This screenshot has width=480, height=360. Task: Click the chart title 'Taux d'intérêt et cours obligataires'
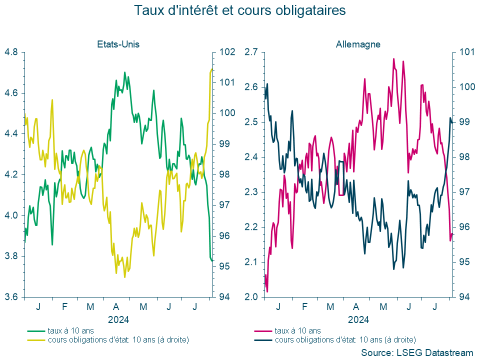tap(240, 10)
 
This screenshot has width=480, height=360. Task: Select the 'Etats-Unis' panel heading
tap(118, 44)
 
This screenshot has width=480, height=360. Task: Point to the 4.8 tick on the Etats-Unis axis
tap(11, 52)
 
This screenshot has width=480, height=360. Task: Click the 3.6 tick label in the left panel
tap(11, 297)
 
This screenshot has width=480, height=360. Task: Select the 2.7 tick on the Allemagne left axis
tap(251, 52)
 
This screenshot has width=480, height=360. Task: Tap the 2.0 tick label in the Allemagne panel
tap(251, 297)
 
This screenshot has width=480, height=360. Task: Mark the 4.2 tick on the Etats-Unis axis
tap(11, 174)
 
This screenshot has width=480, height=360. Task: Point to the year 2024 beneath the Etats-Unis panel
tap(118, 319)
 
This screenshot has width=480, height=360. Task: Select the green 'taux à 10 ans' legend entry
tap(70, 330)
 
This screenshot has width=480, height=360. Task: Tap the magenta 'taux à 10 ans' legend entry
tap(297, 330)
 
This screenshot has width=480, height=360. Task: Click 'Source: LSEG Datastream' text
tap(416, 352)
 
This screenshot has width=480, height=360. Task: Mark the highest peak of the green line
tap(124, 72)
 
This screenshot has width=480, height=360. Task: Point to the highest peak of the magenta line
tap(393, 59)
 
